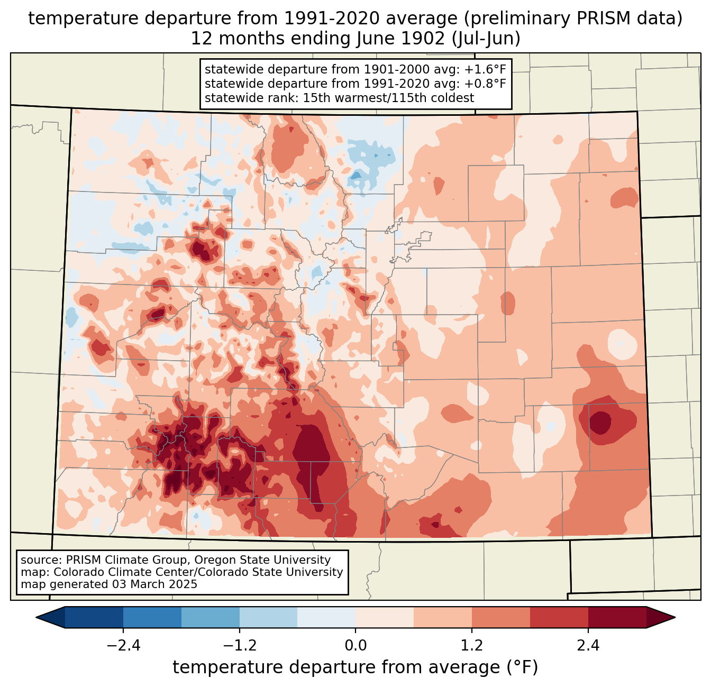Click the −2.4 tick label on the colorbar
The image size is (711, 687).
(123, 646)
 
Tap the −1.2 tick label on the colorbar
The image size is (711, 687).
(239, 646)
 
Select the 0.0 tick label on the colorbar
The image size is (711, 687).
(355, 646)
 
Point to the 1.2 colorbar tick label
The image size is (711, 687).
(472, 646)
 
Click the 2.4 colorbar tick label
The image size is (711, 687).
(588, 646)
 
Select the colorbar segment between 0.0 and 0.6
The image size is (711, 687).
(385, 617)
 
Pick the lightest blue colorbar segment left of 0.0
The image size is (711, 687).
(326, 617)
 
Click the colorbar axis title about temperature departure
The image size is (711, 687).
(355, 667)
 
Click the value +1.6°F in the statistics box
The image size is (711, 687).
(486, 70)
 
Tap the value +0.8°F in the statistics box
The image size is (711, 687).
(486, 84)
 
